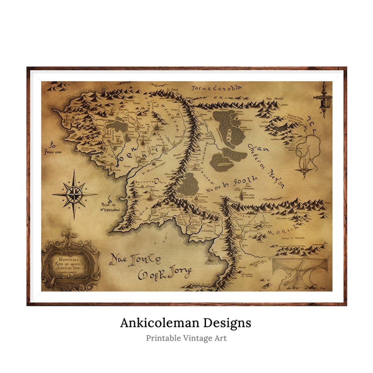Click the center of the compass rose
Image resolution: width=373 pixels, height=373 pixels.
74,194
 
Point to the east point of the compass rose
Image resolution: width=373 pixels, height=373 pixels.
97,194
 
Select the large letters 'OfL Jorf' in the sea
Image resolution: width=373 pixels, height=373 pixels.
164,274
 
